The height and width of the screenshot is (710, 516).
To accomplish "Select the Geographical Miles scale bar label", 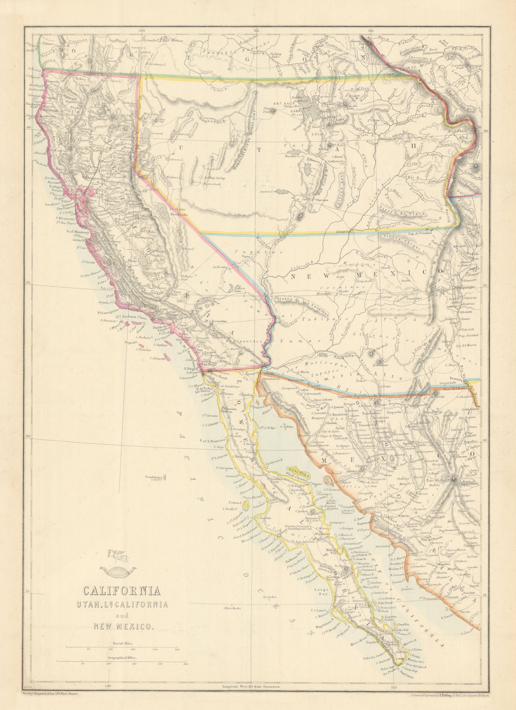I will point(121,659).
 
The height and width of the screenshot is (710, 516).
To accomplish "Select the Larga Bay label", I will point(321,591).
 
